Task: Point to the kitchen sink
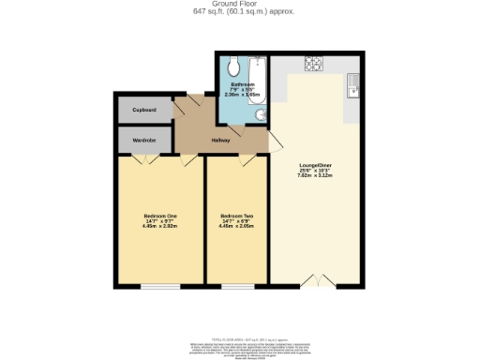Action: (x=353, y=86)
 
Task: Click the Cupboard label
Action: (x=143, y=110)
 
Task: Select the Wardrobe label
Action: (x=143, y=140)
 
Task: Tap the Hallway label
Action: (x=220, y=140)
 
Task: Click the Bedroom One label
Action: (x=160, y=217)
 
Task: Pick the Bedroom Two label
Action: (x=236, y=217)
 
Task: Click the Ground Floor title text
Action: (x=239, y=4)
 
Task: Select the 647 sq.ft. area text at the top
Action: (x=239, y=11)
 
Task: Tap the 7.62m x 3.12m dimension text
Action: (x=316, y=175)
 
